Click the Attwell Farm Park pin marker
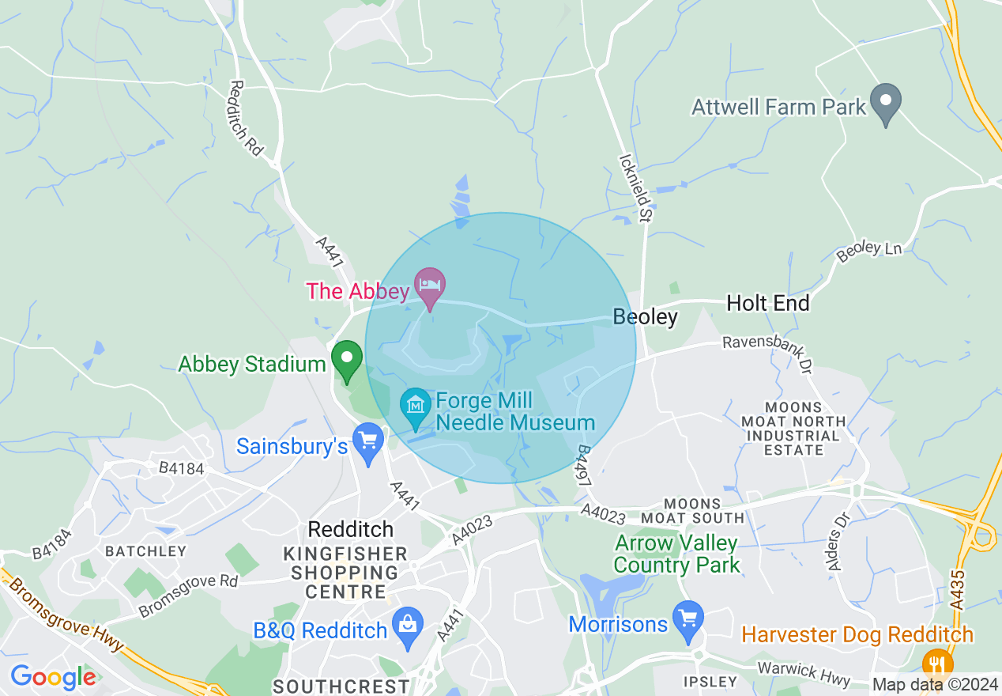886,104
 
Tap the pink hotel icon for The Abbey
430,288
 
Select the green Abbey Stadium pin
346,360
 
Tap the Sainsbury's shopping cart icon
367,443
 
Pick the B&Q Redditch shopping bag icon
408,628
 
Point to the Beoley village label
646,317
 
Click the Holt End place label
768,303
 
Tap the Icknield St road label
635,187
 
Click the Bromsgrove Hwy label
66,613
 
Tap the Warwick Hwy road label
804,674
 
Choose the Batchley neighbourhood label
145,551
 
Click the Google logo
53,677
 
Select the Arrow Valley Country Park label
676,554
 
